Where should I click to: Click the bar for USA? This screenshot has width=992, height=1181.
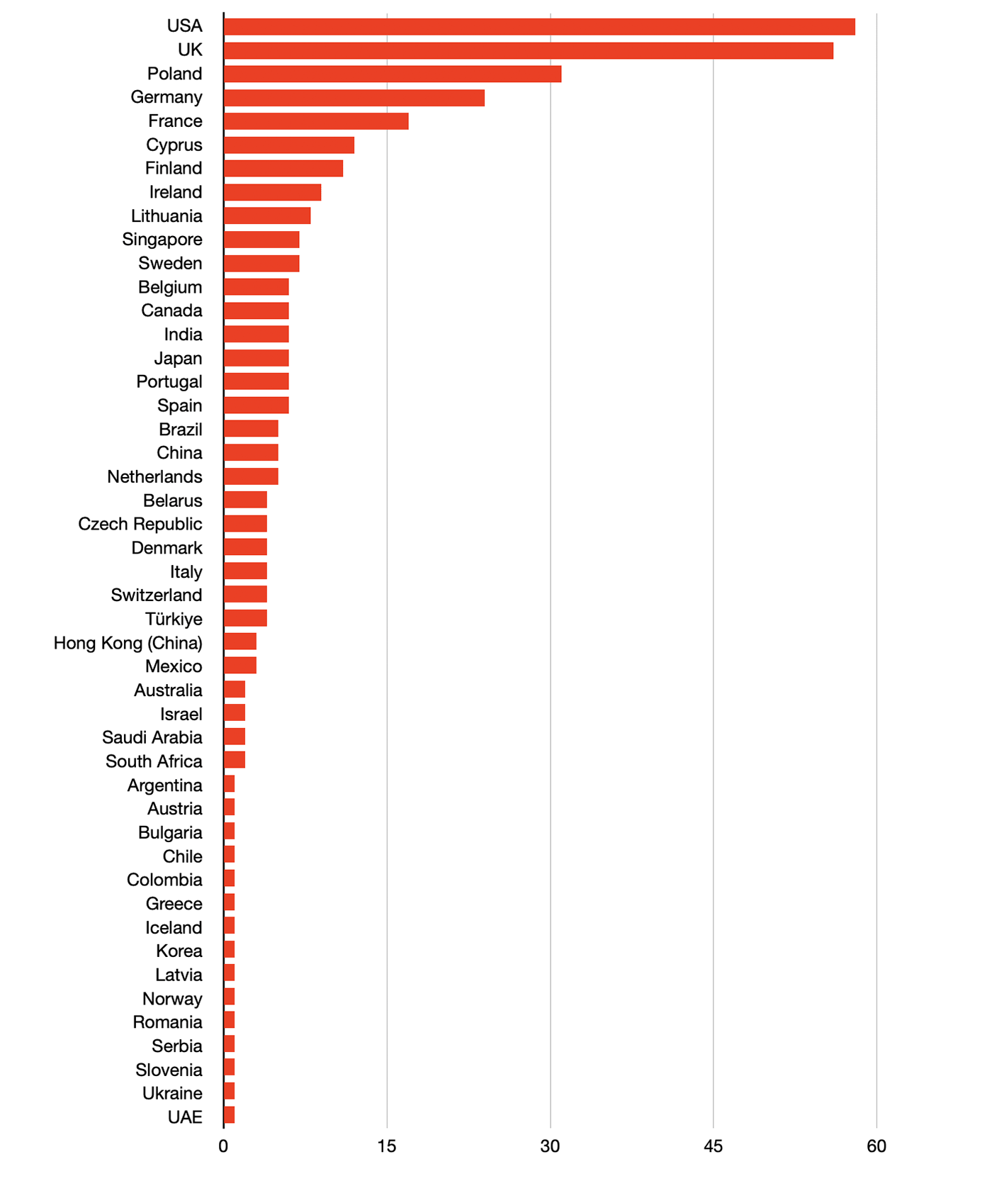(x=539, y=27)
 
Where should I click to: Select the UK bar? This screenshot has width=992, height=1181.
(x=528, y=50)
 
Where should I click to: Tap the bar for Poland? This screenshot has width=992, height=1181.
(x=392, y=74)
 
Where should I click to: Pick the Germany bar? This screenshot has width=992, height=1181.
(x=354, y=98)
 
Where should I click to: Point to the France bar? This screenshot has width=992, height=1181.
(x=315, y=121)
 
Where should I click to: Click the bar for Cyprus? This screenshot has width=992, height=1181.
(x=288, y=145)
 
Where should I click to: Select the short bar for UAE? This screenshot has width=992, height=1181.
(x=229, y=1115)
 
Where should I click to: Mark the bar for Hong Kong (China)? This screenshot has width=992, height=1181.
(x=239, y=642)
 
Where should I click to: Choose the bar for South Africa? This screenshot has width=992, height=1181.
(x=234, y=760)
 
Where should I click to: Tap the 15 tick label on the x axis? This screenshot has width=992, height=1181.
(x=387, y=1146)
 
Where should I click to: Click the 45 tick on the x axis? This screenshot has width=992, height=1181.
(x=714, y=1146)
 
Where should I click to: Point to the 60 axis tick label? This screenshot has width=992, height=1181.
(x=877, y=1146)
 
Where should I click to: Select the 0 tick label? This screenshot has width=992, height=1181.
(x=223, y=1146)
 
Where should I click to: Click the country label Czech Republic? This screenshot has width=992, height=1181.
(x=140, y=524)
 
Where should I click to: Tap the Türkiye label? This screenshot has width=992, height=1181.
(x=174, y=619)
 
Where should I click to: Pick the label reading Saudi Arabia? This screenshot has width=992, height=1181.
(x=152, y=737)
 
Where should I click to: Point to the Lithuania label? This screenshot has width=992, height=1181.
(x=167, y=216)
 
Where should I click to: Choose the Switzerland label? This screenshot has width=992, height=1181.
(x=157, y=595)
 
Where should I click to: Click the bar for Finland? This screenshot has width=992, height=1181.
(x=283, y=169)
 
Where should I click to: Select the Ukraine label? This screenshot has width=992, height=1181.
(x=172, y=1093)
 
